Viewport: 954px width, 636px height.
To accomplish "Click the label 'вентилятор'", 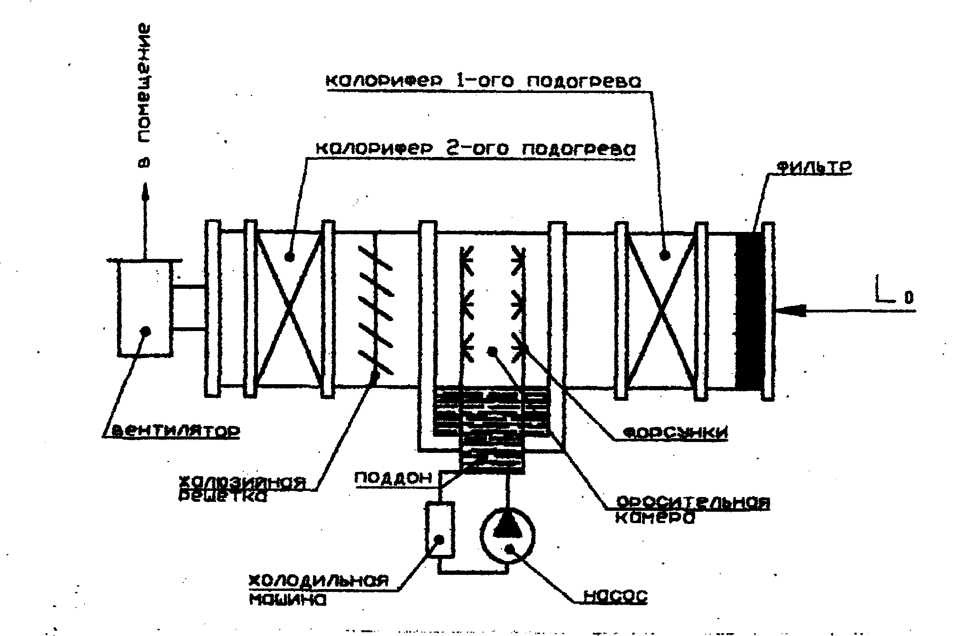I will click(174, 432).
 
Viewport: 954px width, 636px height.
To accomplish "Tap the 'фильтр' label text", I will click(814, 168).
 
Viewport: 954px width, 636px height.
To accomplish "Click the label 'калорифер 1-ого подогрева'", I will click(483, 81).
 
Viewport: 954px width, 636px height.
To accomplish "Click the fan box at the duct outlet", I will click(144, 308).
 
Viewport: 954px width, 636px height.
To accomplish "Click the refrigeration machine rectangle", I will click(440, 529).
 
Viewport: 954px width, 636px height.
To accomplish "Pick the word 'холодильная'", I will click(319, 581).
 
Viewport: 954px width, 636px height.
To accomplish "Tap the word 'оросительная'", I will click(692, 503).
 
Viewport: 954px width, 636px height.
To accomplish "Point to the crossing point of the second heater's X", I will click(289, 308).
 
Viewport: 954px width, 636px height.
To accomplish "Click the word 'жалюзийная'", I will click(241, 482).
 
